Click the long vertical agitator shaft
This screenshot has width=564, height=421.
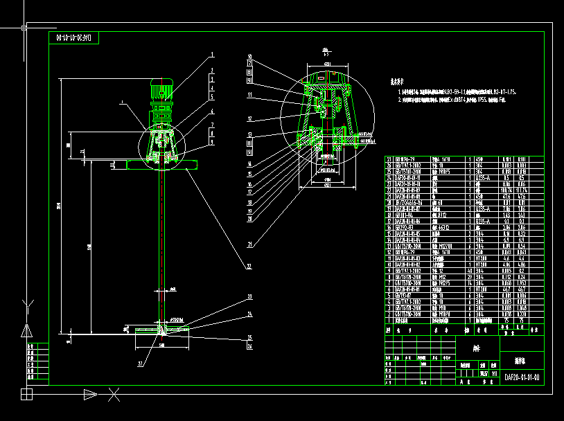point(162,235)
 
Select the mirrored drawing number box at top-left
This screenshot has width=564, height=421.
point(73,37)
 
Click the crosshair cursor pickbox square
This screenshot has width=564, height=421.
point(24,28)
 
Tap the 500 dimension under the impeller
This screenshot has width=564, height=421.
point(161,344)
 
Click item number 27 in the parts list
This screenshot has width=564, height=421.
point(389,159)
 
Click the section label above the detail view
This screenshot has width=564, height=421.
point(324,50)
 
